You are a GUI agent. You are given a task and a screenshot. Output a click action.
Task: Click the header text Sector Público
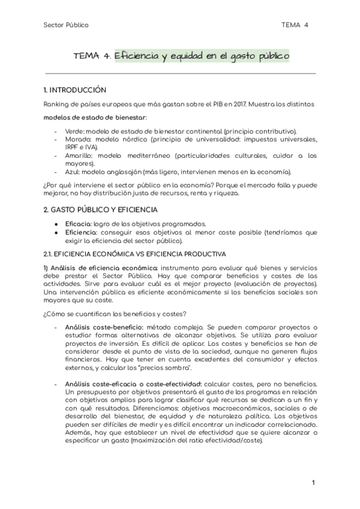66,25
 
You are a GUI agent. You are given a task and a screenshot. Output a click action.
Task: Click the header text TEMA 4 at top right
295,25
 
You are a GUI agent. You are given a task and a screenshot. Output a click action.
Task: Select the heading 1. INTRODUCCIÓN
75,91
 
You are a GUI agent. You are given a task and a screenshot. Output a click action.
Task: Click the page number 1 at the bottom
313,483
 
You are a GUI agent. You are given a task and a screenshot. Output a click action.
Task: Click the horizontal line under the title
180,74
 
